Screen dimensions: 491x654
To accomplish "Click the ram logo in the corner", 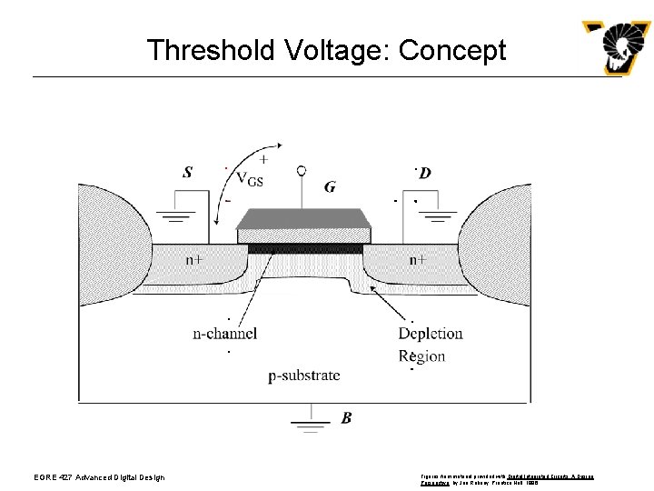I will coord(617,47).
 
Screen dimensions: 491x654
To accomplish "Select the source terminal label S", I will coord(187,172).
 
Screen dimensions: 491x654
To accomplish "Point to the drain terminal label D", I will coord(425,173).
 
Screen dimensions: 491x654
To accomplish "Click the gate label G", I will coord(330,187).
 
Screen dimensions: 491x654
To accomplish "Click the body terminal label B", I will coord(346,418).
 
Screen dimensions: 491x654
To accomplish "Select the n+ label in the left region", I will coord(194,259).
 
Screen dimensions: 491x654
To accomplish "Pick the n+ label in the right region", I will coord(417,259).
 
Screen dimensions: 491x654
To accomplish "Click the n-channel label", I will coord(225,334).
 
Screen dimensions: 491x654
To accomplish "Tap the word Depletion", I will coord(431,334).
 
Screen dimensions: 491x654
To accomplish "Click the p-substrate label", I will coord(304,375).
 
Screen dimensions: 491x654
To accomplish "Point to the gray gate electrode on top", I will coord(303,219).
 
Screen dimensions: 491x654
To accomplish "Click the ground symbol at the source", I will coord(178,216).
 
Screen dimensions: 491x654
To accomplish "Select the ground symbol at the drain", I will coord(441,216).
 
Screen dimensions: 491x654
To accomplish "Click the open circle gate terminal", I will coord(302,170).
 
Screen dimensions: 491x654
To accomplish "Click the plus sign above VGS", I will coord(263,158).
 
